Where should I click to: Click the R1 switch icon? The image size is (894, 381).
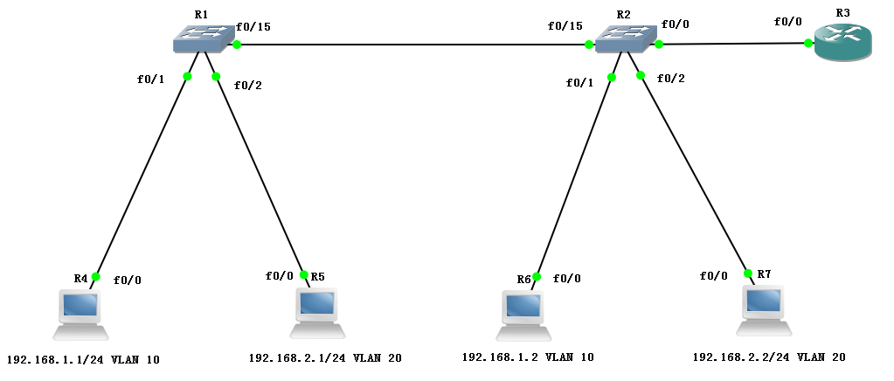tap(204, 37)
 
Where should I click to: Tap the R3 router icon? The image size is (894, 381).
tap(842, 42)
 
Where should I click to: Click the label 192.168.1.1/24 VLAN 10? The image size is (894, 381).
tap(83, 359)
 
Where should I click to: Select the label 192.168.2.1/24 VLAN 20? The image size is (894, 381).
tap(325, 357)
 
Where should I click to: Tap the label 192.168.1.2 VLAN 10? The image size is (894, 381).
tap(527, 357)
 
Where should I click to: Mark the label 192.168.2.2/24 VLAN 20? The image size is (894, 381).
tap(769, 357)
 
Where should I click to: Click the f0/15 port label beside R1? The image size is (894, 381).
tap(253, 27)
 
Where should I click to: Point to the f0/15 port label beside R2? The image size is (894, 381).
tap(565, 26)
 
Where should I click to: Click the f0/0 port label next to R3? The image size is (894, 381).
tap(787, 22)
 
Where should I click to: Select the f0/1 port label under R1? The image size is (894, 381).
tap(150, 80)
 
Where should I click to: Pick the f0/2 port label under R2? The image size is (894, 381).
tap(670, 80)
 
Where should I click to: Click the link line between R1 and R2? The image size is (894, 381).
tap(411, 45)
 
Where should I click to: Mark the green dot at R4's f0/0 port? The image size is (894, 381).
tap(95, 277)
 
